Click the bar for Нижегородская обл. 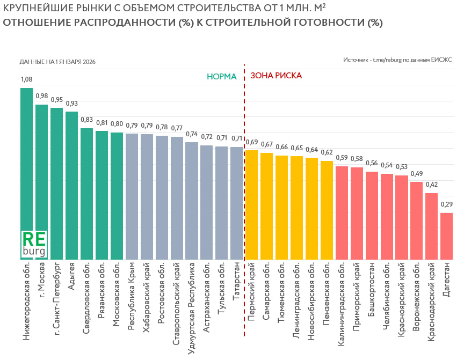pyautogui.click(x=26, y=161)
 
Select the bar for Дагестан pyautogui.click(x=446, y=236)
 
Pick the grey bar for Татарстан pyautogui.click(x=236, y=203)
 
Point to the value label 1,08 pyautogui.click(x=26, y=79)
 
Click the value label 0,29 pyautogui.click(x=446, y=204)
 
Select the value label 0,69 pyautogui.click(x=251, y=142)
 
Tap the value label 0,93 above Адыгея pyautogui.click(x=71, y=104)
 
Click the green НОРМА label pyautogui.click(x=222, y=76)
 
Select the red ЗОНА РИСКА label pyautogui.click(x=276, y=76)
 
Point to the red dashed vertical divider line pyautogui.click(x=244, y=215)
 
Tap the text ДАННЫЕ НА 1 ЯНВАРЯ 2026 pyautogui.click(x=57, y=62)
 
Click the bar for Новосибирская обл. pyautogui.click(x=311, y=209)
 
